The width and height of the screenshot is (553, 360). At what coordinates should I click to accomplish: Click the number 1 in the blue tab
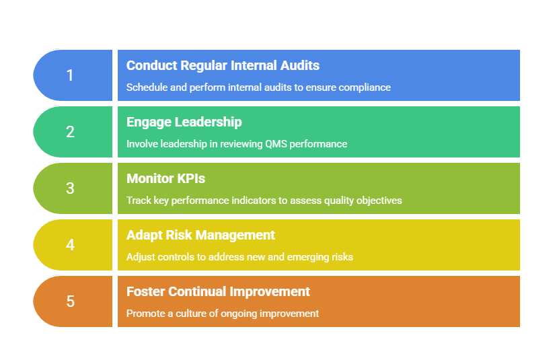(70, 75)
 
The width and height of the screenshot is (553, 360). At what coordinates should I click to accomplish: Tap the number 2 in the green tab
(70, 132)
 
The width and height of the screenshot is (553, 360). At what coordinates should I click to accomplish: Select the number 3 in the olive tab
(70, 188)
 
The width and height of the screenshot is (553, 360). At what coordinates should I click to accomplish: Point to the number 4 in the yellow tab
(70, 245)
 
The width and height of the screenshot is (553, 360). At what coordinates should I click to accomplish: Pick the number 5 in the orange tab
(70, 301)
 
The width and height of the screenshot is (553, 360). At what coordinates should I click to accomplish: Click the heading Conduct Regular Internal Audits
(223, 65)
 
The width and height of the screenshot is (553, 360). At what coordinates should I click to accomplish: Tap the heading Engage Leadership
(184, 122)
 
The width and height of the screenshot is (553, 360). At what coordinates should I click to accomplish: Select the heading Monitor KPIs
(165, 178)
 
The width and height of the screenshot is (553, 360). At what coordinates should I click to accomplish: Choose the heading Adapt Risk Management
(200, 236)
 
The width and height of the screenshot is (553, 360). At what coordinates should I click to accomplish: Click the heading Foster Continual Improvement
(219, 291)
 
